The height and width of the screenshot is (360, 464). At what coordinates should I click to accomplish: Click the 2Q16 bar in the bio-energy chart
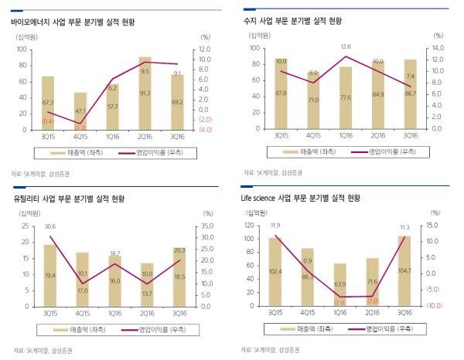click(x=145, y=93)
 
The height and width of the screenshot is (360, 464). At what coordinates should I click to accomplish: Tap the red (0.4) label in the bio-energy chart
click(x=48, y=121)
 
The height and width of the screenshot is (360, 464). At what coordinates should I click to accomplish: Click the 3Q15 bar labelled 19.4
click(x=49, y=276)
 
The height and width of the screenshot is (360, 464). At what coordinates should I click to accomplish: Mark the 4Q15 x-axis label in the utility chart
click(x=81, y=313)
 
